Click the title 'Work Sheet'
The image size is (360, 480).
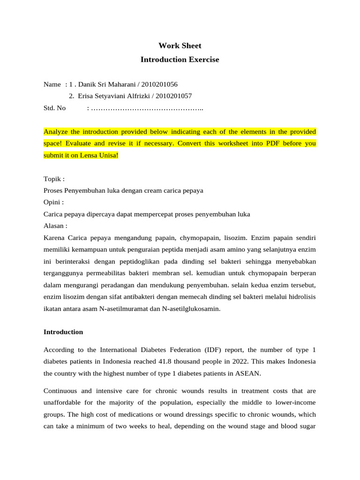click(x=180, y=45)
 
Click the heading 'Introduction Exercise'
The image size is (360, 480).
click(x=180, y=60)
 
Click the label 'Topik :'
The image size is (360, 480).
click(x=54, y=179)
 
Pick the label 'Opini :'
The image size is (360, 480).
click(x=53, y=202)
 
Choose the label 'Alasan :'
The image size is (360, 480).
click(x=55, y=226)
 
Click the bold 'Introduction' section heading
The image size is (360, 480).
click(x=63, y=332)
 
